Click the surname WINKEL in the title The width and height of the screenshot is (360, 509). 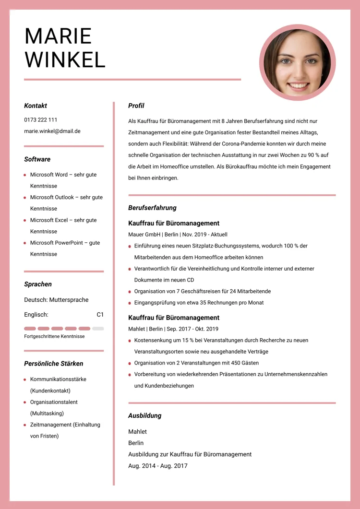click(x=65, y=59)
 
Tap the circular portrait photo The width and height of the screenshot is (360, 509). click(x=298, y=62)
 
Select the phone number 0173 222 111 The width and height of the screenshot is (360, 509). click(x=41, y=119)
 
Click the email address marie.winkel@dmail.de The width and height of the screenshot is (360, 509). click(x=52, y=131)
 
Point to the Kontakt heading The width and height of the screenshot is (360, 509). click(x=36, y=106)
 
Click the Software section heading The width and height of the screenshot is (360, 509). click(x=37, y=159)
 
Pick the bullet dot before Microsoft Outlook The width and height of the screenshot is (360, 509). click(x=25, y=198)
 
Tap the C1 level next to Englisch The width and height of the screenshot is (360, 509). click(x=100, y=315)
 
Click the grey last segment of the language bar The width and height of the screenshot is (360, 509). click(x=98, y=329)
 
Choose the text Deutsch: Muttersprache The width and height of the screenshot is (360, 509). click(x=56, y=300)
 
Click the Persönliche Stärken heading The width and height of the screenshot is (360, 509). click(x=54, y=364)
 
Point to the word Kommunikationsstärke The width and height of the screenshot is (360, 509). click(x=58, y=379)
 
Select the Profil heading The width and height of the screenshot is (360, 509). click(x=136, y=106)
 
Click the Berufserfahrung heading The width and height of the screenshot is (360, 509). click(x=152, y=208)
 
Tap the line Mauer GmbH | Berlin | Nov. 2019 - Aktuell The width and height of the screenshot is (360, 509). click(x=178, y=235)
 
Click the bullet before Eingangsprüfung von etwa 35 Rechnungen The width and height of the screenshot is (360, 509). click(x=130, y=303)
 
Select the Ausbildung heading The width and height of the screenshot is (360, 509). click(x=144, y=415)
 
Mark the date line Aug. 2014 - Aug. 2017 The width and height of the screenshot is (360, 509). click(x=158, y=466)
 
